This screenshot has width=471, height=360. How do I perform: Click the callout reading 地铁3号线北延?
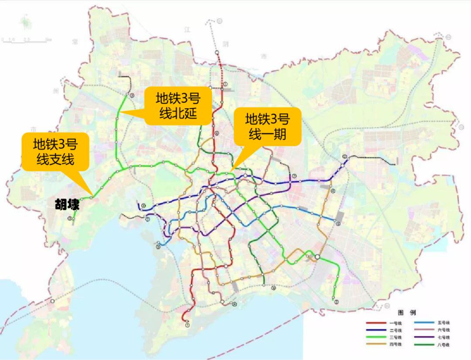177,106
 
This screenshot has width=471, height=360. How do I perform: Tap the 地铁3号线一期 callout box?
267,126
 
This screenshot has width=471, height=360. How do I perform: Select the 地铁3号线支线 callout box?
55,151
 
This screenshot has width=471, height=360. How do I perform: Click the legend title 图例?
406,313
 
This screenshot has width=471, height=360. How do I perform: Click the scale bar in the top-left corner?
26,40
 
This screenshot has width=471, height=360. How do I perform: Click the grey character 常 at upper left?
75,42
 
